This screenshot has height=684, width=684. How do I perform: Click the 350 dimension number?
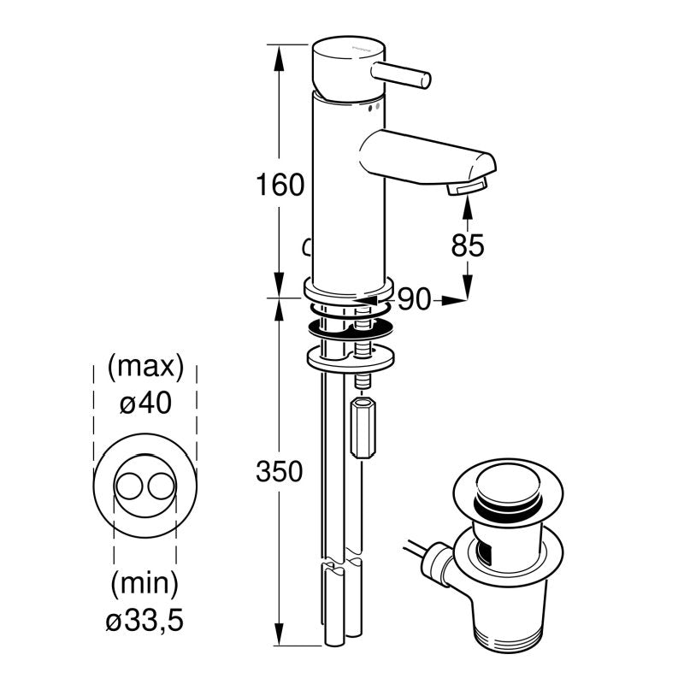[280, 471]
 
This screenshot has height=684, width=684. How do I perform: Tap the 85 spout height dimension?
[467, 245]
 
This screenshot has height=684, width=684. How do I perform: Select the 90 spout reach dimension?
[414, 298]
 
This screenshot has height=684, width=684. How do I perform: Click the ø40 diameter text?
[144, 403]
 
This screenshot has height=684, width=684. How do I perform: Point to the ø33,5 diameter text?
[144, 619]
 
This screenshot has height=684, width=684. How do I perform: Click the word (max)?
[144, 368]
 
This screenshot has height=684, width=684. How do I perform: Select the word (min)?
[144, 585]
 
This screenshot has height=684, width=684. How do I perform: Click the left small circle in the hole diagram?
[129, 486]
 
